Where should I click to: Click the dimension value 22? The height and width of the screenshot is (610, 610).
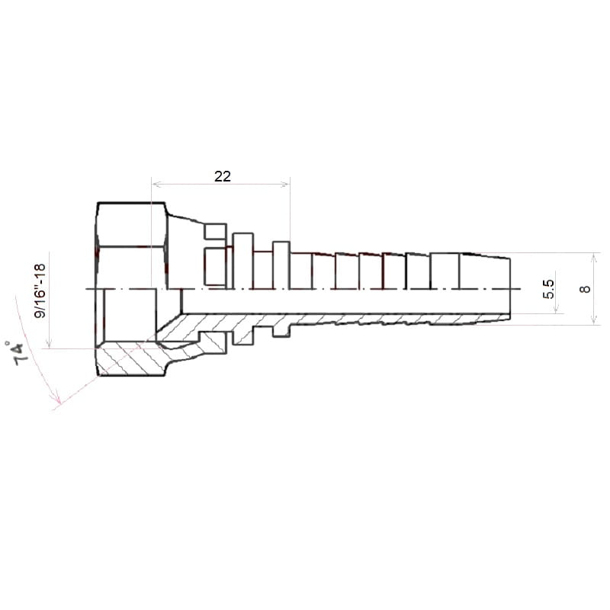(x=223, y=176)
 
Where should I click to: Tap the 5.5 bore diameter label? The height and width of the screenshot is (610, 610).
(x=548, y=290)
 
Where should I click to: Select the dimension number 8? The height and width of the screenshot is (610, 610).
(x=585, y=289)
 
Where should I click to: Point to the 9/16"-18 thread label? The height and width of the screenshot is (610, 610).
(x=40, y=291)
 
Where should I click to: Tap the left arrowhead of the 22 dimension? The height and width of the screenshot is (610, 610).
(x=156, y=184)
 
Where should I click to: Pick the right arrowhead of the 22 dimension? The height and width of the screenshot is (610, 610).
(x=286, y=184)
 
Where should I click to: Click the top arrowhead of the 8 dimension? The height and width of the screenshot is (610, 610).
(x=594, y=257)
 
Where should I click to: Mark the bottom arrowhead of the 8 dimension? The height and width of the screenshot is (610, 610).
(x=594, y=320)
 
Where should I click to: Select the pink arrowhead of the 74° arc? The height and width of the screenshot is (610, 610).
(x=56, y=398)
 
